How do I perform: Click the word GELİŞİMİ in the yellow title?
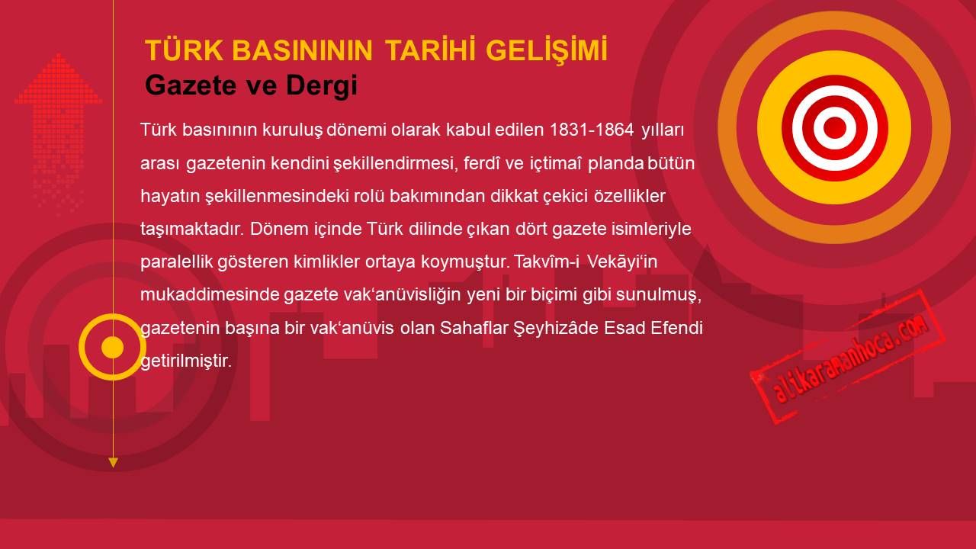click(x=547, y=51)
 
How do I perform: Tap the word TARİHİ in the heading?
click(x=429, y=50)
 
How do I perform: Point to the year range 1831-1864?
click(x=592, y=130)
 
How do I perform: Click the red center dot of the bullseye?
click(x=835, y=127)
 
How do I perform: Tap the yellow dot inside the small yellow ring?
click(x=112, y=347)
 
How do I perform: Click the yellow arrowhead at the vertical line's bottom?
click(x=113, y=463)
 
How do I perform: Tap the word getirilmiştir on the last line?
click(x=185, y=361)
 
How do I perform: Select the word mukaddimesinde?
click(x=209, y=294)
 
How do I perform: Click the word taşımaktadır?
click(x=191, y=230)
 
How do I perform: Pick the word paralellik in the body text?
click(x=176, y=262)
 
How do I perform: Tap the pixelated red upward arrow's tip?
click(x=59, y=54)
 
